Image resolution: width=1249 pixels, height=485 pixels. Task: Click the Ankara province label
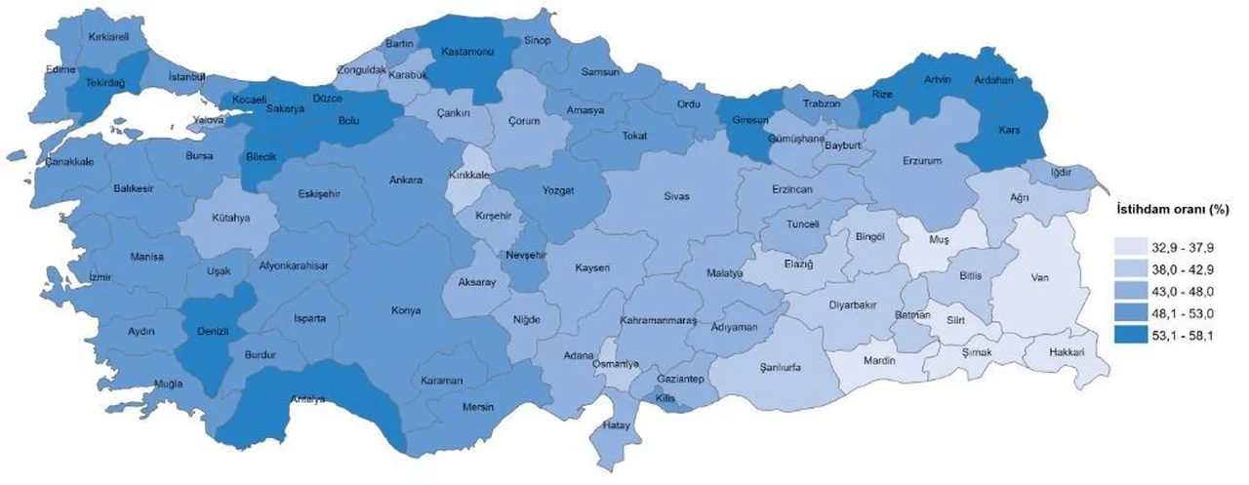point(406,181)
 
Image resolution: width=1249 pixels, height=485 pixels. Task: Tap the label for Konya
point(405,310)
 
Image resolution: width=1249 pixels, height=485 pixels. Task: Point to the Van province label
point(1040,276)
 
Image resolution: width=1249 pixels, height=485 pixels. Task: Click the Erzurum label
point(921,160)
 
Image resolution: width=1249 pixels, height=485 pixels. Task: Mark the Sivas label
point(677,196)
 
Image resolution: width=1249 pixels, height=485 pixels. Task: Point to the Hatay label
point(616,426)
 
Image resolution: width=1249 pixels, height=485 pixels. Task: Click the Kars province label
point(1009,130)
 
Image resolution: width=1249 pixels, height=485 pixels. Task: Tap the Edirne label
point(60,70)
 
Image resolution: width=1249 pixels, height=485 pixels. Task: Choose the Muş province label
point(941,238)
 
